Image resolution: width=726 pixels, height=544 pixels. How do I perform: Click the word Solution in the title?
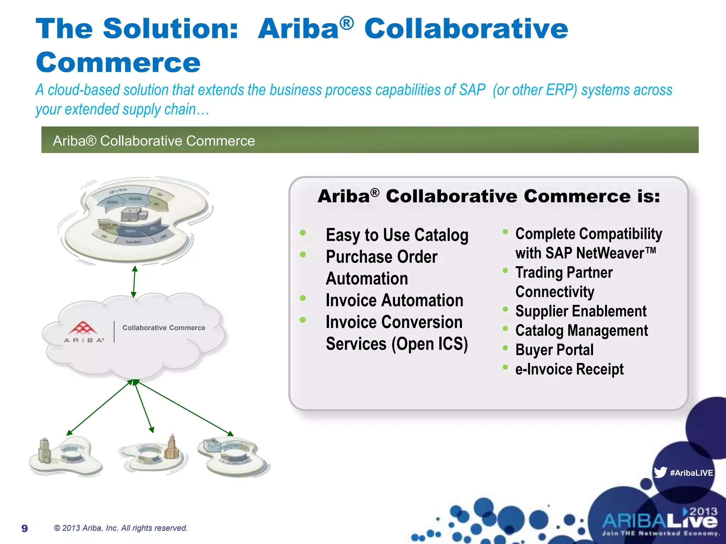(170, 29)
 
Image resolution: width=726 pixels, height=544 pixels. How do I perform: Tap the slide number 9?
(24, 528)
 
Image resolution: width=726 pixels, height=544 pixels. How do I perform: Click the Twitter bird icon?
(660, 472)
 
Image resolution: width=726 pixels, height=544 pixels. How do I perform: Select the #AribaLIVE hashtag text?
(691, 473)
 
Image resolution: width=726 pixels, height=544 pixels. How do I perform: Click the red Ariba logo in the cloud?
(83, 328)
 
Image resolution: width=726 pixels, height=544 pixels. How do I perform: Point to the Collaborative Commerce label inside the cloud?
(164, 328)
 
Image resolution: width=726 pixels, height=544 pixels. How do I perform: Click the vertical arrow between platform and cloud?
(134, 282)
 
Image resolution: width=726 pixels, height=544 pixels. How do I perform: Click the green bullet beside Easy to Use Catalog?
(303, 233)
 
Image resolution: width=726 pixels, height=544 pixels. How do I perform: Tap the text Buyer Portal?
(554, 350)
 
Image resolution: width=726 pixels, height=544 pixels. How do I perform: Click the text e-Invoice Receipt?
(569, 369)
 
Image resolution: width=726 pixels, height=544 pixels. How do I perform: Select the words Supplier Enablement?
(581, 311)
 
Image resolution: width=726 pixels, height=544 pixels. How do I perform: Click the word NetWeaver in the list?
(610, 253)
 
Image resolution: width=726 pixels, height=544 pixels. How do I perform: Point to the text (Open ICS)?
(429, 344)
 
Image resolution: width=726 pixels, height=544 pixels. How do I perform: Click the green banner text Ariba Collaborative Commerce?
(154, 141)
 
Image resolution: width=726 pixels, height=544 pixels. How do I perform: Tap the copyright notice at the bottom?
(121, 528)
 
